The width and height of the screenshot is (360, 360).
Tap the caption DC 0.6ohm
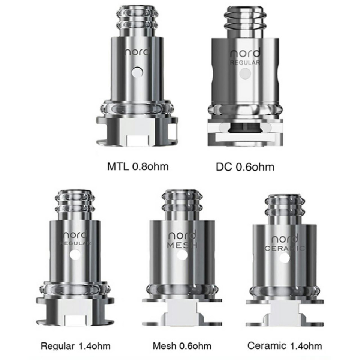pyautogui.click(x=245, y=166)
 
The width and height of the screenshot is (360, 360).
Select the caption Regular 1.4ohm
pyautogui.click(x=75, y=345)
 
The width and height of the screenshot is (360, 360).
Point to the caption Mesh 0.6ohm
pyautogui.click(x=182, y=345)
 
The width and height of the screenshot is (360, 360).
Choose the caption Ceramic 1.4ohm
pyautogui.click(x=285, y=345)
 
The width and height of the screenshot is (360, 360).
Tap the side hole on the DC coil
pyautogui.click(x=245, y=74)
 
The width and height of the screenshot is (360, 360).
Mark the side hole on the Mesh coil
pyautogui.click(x=182, y=255)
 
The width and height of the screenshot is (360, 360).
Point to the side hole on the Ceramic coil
pyautogui.click(x=285, y=258)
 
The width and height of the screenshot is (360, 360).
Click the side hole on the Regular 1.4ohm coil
pyautogui.click(x=76, y=254)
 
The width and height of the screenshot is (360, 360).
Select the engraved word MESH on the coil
pyautogui.click(x=182, y=246)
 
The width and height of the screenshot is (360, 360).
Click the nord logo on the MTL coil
pyautogui.click(x=136, y=52)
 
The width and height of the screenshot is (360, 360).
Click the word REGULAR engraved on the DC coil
pyautogui.click(x=245, y=63)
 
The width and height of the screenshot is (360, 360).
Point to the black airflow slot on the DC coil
pyautogui.click(x=245, y=127)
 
